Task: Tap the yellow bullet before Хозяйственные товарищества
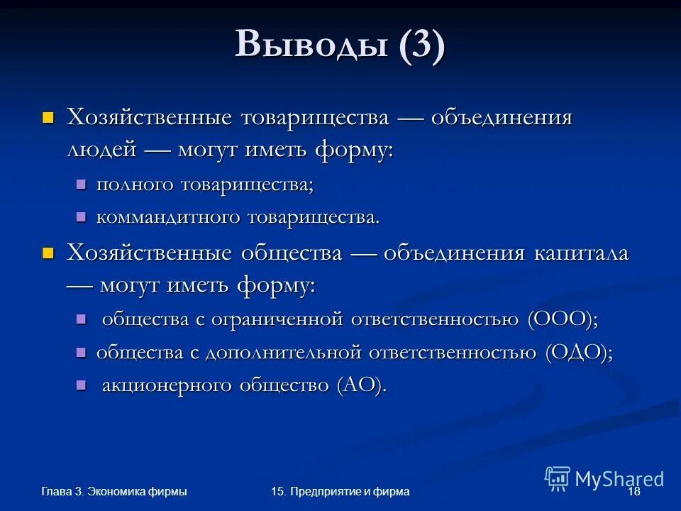click(48, 116)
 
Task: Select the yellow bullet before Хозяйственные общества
click(48, 252)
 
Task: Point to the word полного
click(135, 185)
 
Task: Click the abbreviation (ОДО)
click(579, 352)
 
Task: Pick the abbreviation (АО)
click(362, 385)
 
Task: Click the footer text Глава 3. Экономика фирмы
click(113, 492)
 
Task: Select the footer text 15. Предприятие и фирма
click(340, 492)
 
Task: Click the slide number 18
click(634, 492)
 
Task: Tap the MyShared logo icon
click(558, 478)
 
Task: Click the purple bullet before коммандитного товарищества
click(81, 216)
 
